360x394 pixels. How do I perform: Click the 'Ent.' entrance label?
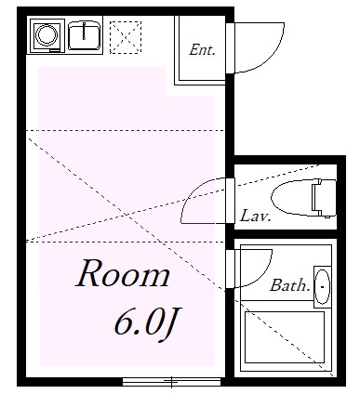[x=202, y=50]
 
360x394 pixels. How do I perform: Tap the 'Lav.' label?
[x=254, y=217]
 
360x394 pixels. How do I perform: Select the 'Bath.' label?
[x=289, y=285]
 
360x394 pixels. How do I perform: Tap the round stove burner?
[x=47, y=36]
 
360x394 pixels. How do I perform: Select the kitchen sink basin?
[x=86, y=36]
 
